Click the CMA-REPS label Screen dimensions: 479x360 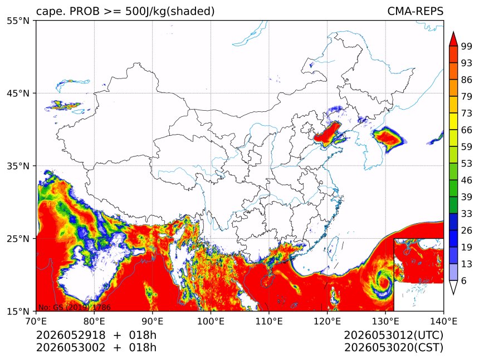click(x=415, y=11)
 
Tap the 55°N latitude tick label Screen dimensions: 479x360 click(x=18, y=21)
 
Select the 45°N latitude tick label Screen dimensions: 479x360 click(x=18, y=93)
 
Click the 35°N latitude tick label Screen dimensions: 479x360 click(x=18, y=166)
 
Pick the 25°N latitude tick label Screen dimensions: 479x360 click(x=18, y=239)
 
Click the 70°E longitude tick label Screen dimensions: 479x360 click(x=36, y=321)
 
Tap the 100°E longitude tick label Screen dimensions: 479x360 click(x=211, y=321)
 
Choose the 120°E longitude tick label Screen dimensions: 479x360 click(x=327, y=321)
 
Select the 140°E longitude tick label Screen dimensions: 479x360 click(x=443, y=321)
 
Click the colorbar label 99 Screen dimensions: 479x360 click(x=467, y=46)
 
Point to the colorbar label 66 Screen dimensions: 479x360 click(x=467, y=130)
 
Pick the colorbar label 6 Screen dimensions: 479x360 click(x=464, y=280)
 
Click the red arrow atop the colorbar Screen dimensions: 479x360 click(x=453, y=39)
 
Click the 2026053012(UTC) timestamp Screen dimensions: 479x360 click(x=393, y=336)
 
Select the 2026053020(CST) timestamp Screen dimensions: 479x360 click(x=393, y=348)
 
